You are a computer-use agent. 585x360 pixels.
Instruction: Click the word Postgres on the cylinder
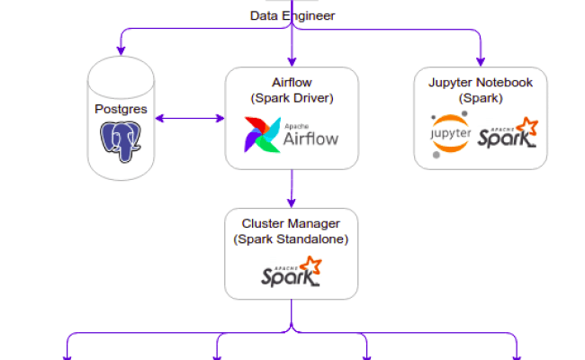click(x=121, y=108)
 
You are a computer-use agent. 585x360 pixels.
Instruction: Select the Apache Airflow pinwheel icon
click(x=261, y=135)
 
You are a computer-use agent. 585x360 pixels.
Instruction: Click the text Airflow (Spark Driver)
click(x=292, y=90)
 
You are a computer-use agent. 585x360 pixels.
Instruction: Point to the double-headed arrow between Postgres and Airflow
click(x=189, y=118)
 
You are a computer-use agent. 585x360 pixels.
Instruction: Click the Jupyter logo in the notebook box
click(x=451, y=135)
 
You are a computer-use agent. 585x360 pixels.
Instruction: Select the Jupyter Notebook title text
click(x=480, y=90)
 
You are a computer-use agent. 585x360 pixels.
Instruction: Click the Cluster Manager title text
click(x=291, y=224)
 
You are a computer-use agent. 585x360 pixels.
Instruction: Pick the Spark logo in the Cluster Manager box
click(x=291, y=273)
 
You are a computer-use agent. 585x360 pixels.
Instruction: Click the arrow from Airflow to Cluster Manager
click(x=291, y=188)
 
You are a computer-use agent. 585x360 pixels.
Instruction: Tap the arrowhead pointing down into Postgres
click(x=120, y=47)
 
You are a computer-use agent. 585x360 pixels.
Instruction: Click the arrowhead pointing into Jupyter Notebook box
click(x=480, y=60)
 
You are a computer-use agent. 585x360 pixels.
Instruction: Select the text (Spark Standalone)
click(x=291, y=239)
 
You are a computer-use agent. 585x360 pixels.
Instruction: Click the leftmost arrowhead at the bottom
click(x=67, y=355)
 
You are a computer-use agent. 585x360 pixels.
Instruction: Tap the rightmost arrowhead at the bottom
click(x=517, y=355)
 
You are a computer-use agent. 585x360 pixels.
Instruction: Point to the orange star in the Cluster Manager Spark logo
click(x=310, y=265)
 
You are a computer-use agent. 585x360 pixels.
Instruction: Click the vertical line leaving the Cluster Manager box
click(x=291, y=315)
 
